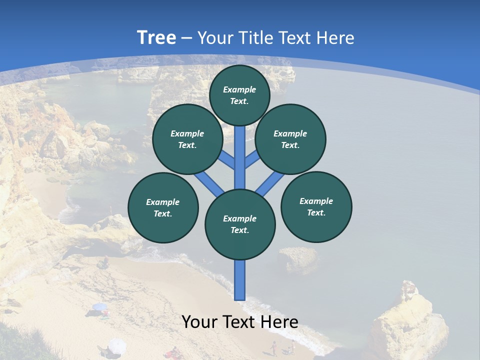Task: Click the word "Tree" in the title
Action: tap(156, 38)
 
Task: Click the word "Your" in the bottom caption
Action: tap(200, 322)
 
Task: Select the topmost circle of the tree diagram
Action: tap(239, 95)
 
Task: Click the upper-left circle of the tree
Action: tap(187, 139)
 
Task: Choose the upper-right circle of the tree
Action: tap(290, 139)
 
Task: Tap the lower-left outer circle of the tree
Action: tap(163, 207)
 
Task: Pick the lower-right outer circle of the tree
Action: tap(316, 206)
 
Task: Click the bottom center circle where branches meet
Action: tap(240, 224)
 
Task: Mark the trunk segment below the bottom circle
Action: tap(240, 280)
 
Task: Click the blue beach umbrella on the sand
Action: tap(99, 306)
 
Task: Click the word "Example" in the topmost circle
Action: tap(239, 89)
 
